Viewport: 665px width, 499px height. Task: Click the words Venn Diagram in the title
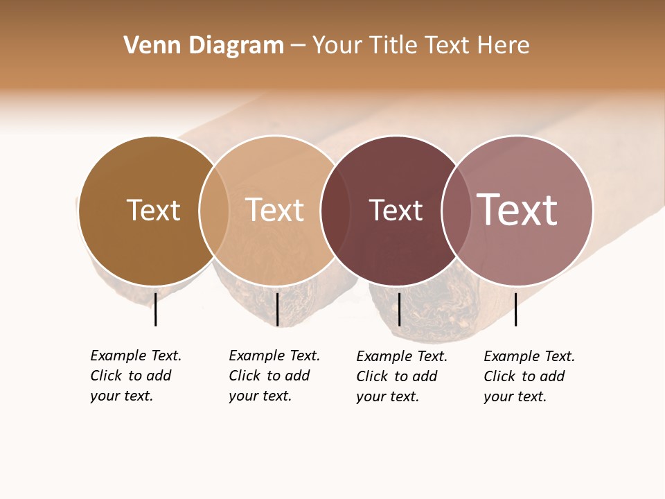tap(204, 46)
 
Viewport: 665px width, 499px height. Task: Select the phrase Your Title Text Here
tap(420, 46)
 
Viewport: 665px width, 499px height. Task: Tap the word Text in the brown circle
tap(153, 210)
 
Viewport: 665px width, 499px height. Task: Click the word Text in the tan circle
tap(275, 210)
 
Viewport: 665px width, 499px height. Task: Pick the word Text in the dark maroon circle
tap(396, 210)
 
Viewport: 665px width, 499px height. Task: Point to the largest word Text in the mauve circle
tap(517, 210)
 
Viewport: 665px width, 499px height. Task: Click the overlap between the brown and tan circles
tap(214, 210)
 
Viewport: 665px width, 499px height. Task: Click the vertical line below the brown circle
tap(155, 309)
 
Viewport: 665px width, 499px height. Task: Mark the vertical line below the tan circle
tap(277, 309)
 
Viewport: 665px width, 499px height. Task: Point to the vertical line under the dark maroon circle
tap(399, 309)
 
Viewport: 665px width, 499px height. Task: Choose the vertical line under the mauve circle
tap(515, 309)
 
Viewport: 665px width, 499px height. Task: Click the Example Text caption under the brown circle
tap(135, 376)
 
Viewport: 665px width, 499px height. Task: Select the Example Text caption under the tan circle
tap(274, 376)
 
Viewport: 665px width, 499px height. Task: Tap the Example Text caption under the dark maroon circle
tap(401, 376)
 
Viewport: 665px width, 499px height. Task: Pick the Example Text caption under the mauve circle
tap(529, 376)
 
